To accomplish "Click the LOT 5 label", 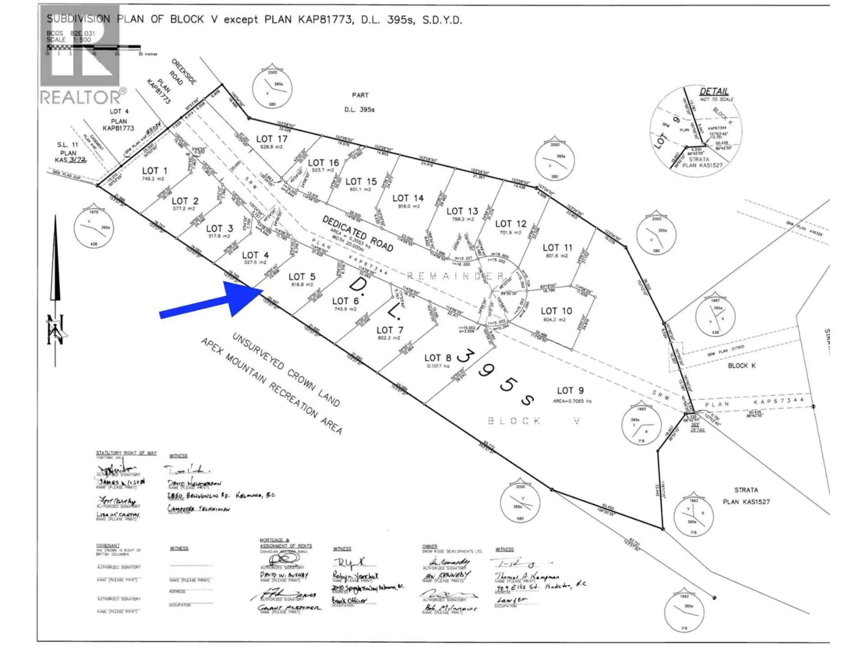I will coord(302,277).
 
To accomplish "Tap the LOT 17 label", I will coord(272,139).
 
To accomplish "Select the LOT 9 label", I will coord(570,391).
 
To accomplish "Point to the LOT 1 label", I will coord(154,171).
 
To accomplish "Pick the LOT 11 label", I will coord(557,248).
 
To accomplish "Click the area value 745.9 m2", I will coord(345,309).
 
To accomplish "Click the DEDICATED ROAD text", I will coord(358,233).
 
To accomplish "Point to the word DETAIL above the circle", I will coord(714,91).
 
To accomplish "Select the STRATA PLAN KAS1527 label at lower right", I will coord(746,496).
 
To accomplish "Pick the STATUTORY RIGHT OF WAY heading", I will coord(126,452).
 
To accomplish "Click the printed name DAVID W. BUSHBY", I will coord(284,575).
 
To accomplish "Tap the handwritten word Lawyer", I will coord(511,600).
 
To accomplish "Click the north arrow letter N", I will coord(55,329).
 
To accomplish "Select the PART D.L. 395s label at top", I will coord(359,102).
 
